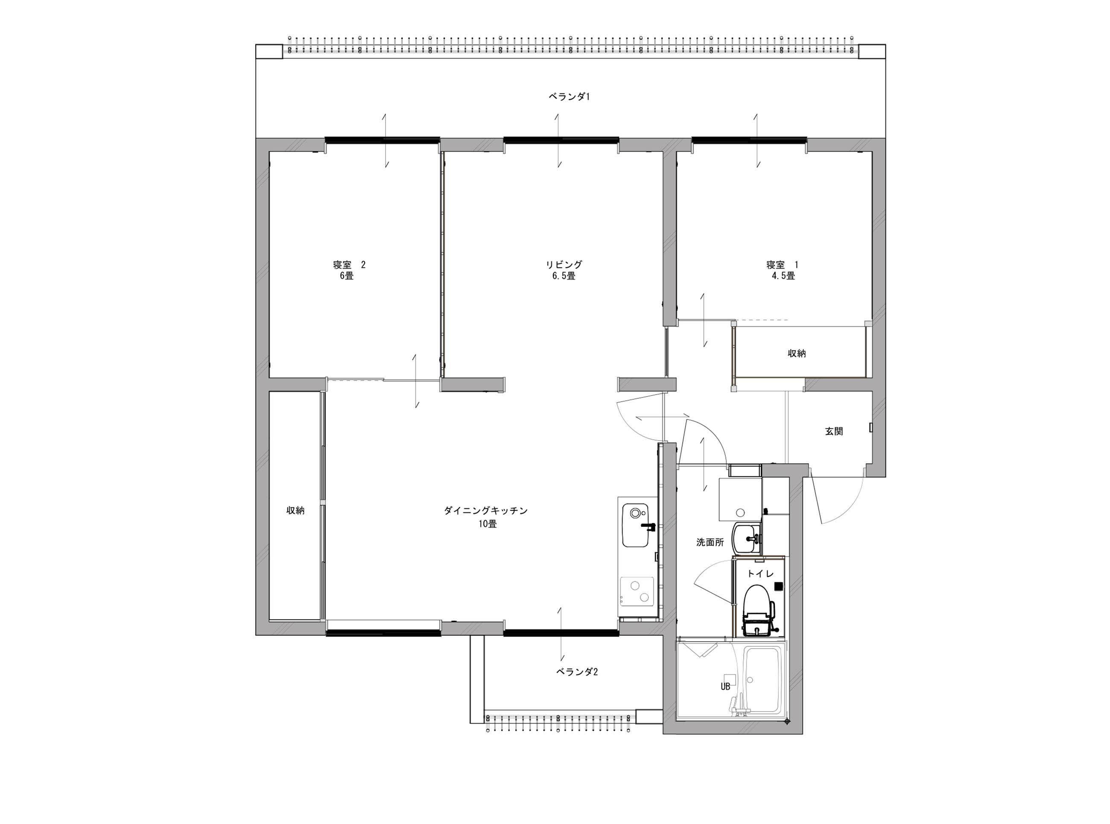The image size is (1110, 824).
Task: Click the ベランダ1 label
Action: [x=569, y=97]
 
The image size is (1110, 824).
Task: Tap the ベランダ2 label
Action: [x=577, y=672]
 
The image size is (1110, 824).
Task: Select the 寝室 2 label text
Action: [x=349, y=264]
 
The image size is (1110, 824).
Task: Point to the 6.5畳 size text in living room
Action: [x=564, y=276]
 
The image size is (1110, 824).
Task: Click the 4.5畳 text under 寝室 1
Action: [x=783, y=276]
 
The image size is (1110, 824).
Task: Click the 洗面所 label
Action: [x=710, y=542]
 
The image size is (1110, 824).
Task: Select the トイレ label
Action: [x=760, y=574]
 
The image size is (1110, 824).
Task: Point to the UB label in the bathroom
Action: [x=725, y=687]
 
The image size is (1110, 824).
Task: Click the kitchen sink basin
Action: [x=636, y=525]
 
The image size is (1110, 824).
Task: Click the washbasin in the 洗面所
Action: [x=746, y=539]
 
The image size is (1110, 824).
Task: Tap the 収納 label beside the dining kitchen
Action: [x=295, y=510]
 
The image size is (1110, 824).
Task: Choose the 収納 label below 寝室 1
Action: [x=796, y=353]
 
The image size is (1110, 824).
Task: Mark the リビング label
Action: [x=564, y=264]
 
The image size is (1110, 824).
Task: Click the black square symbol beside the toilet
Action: [x=778, y=586]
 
